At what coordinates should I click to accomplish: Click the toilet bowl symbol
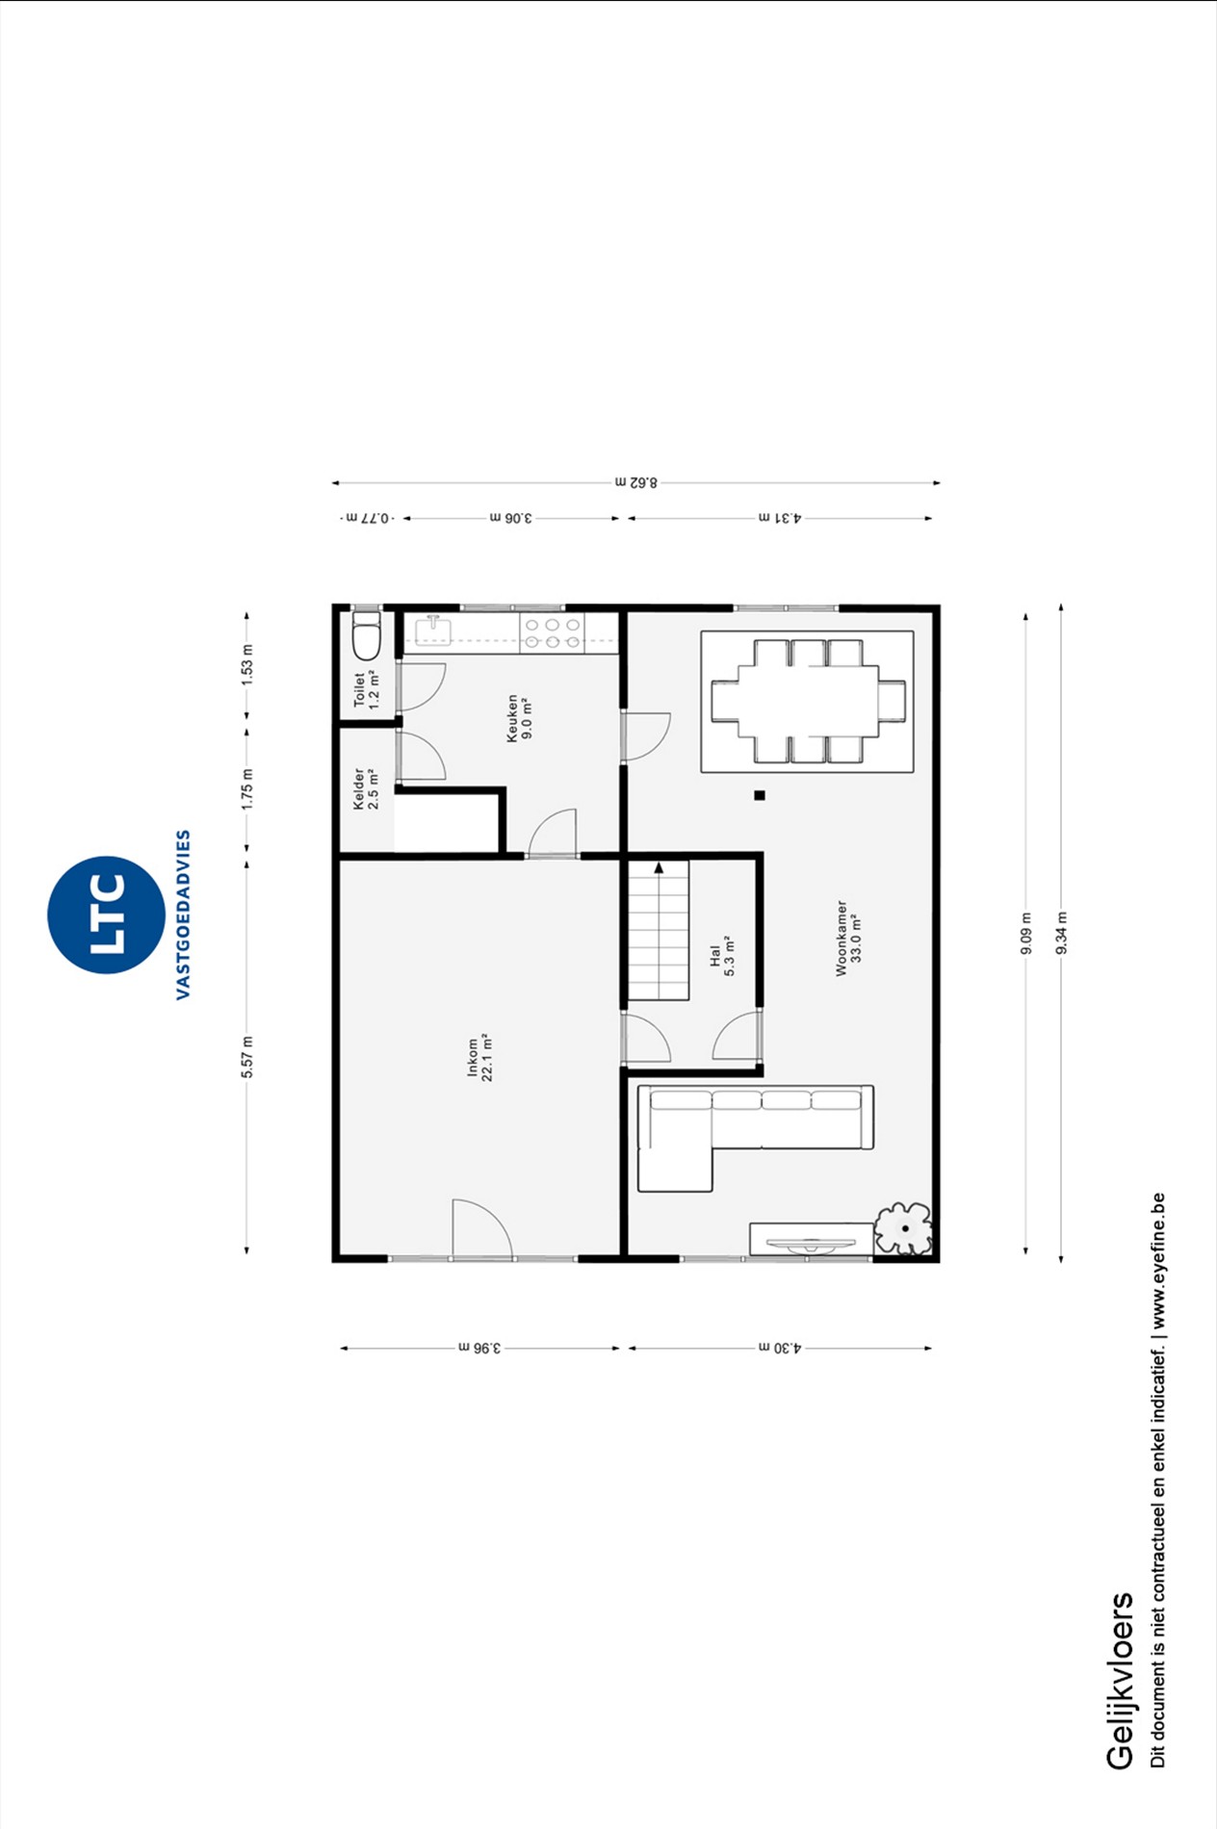coord(367,634)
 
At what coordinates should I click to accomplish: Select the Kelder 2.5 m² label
coord(366,788)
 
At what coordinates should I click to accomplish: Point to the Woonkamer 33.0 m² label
coord(848,939)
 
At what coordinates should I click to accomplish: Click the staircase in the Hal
coord(660,930)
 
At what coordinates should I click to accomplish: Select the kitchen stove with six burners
coord(552,633)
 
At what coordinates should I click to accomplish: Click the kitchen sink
coord(433,631)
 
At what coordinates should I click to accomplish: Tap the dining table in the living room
coord(808,701)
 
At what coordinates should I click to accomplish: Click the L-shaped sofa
coord(756,1138)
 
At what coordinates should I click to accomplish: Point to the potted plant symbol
coord(903,1228)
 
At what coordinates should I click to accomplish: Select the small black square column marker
coord(760,795)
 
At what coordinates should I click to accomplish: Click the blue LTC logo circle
coord(106,914)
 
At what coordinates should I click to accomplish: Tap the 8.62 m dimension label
coord(636,481)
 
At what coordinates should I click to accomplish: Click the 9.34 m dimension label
coord(1061,933)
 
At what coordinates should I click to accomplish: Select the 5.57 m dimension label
coord(247,1056)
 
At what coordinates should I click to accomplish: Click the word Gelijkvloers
coord(1120,1681)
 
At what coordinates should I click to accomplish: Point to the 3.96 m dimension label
coord(479,1348)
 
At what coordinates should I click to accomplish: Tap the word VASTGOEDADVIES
coord(183,914)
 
